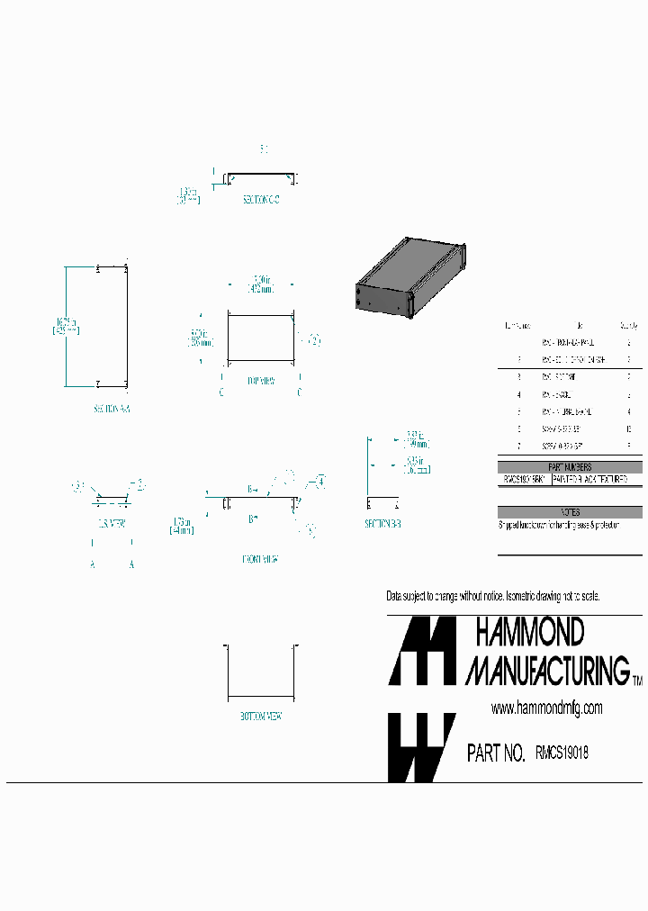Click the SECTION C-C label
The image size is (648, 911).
click(x=261, y=200)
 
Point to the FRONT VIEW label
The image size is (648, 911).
click(x=259, y=559)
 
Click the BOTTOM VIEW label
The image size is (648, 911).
click(x=261, y=717)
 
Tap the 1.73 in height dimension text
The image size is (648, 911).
click(x=184, y=526)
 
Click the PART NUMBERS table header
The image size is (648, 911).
click(x=570, y=467)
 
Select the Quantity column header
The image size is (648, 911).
click(x=627, y=326)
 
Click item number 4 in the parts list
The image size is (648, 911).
click(x=519, y=394)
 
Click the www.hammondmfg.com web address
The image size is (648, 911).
click(x=546, y=708)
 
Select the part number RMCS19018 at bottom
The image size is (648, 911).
click(x=562, y=752)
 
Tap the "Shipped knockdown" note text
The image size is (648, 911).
click(x=559, y=524)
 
